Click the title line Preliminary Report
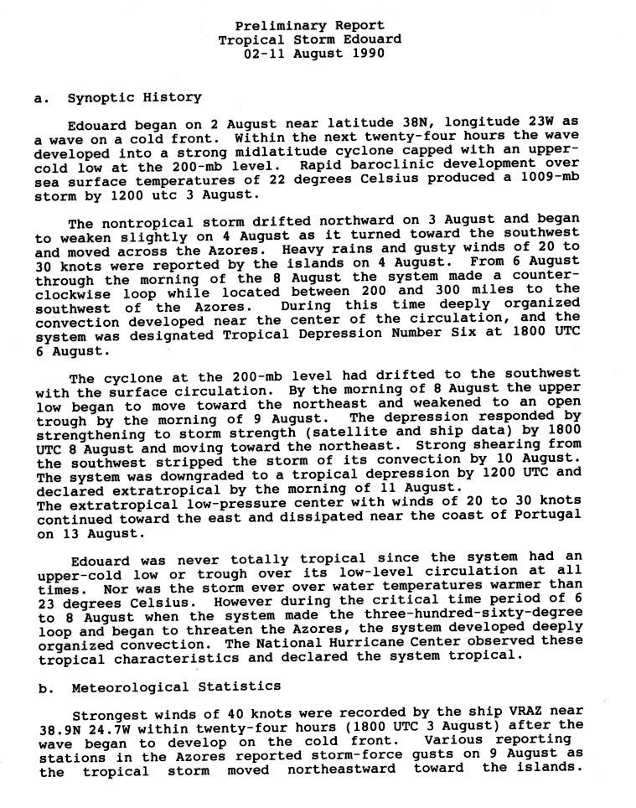pos(309,25)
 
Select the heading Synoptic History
pos(135,98)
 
